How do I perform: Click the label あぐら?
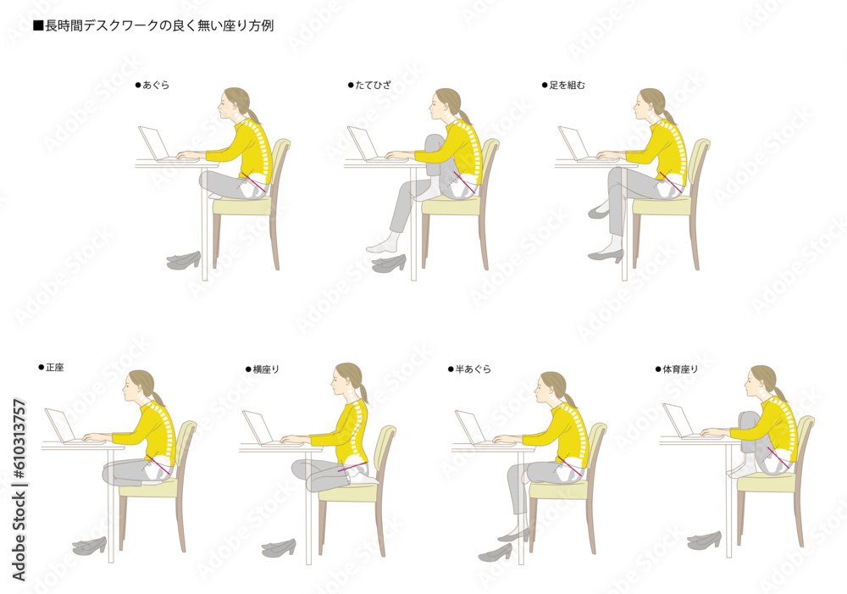[x=156, y=85]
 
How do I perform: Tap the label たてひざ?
[x=374, y=85]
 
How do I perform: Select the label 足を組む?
[x=567, y=85]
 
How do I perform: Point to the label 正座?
[x=54, y=368]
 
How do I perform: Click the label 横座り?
[x=266, y=369]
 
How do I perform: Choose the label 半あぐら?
[x=473, y=369]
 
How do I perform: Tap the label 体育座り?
[x=681, y=369]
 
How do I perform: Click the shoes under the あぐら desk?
[x=184, y=260]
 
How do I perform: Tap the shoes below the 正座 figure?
[x=90, y=546]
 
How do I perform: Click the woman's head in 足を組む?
[x=650, y=104]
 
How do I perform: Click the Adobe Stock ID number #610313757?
[x=19, y=439]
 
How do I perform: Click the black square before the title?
[x=38, y=26]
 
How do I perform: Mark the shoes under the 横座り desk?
[x=279, y=548]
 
